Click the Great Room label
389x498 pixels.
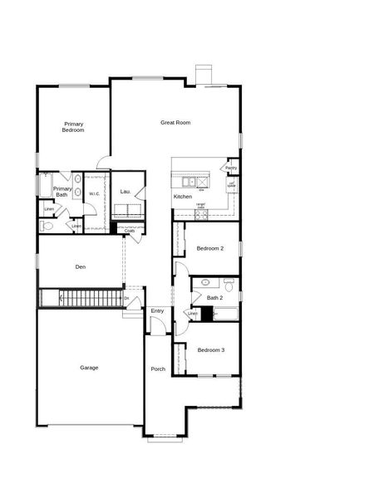[x=175, y=123]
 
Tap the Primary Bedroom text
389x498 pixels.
[x=74, y=127]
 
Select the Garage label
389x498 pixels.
[x=89, y=368]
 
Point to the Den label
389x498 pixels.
[x=81, y=266]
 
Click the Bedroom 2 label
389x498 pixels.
[x=210, y=249]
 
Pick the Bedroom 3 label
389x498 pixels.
[x=210, y=350]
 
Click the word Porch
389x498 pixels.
[x=158, y=369]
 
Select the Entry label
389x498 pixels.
[x=157, y=311]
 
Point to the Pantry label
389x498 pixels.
[x=231, y=168]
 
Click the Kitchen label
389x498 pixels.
[x=183, y=197]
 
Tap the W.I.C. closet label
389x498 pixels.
[x=95, y=194]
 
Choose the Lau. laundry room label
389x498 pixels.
[x=126, y=192]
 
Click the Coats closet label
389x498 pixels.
[x=130, y=231]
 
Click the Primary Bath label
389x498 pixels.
[x=62, y=192]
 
